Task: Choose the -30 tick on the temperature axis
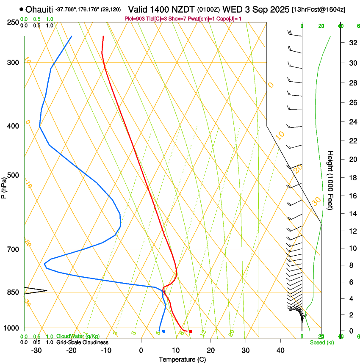pyautogui.click(x=36, y=350)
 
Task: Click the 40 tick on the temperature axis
pyautogui.click(x=280, y=350)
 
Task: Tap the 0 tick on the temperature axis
pyautogui.click(x=141, y=350)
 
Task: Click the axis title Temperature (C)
pyautogui.click(x=182, y=359)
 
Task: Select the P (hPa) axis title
pyautogui.click(x=4, y=186)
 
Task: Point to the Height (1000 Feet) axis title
pyautogui.click(x=330, y=180)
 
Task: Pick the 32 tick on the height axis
pyautogui.click(x=352, y=43)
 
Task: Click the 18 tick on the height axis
pyautogui.click(x=352, y=178)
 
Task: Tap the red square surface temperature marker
pyautogui.click(x=190, y=331)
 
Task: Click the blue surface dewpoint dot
pyautogui.click(x=163, y=331)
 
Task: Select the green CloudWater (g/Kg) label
pyautogui.click(x=78, y=336)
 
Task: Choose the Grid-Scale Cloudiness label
pyautogui.click(x=82, y=342)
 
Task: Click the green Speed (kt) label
pyautogui.click(x=321, y=342)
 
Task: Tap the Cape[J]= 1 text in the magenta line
pyautogui.click(x=230, y=19)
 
